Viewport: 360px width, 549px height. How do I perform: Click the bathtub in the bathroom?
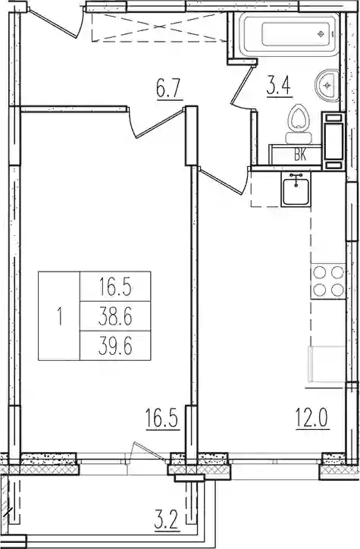289,34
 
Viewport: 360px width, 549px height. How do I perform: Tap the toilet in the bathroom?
298,124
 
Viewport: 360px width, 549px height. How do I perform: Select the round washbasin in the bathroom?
327,86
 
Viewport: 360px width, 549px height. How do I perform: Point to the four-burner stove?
328,281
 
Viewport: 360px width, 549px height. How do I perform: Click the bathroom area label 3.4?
279,87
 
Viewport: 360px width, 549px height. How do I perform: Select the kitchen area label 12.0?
312,419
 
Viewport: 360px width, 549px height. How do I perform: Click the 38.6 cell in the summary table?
115,317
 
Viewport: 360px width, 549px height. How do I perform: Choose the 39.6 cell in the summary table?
115,346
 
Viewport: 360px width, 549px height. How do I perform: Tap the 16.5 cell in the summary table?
115,287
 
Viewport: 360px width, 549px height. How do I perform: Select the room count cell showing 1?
59,316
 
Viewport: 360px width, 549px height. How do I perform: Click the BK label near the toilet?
300,155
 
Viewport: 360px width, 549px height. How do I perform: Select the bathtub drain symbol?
320,34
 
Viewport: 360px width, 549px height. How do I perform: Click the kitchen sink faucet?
296,179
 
